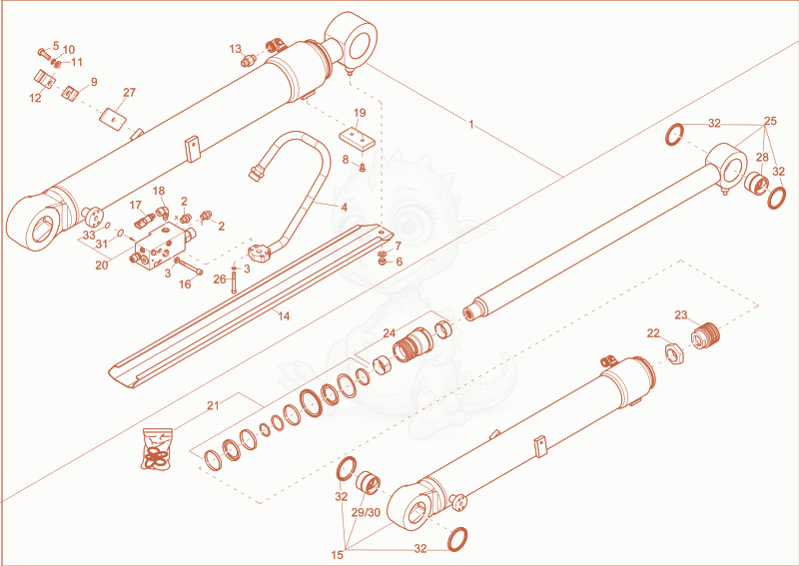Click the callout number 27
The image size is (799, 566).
[130, 93]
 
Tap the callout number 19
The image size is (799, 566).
[360, 113]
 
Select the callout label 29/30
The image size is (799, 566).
[366, 512]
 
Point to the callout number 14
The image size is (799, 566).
[284, 315]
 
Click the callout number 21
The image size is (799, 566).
[213, 406]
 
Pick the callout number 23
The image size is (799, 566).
[681, 315]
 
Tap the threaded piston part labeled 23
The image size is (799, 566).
[706, 335]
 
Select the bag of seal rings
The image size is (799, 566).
[158, 449]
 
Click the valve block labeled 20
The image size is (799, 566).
[159, 246]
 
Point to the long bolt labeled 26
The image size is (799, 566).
[234, 280]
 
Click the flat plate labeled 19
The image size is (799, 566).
[358, 138]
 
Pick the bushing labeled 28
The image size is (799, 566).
[756, 182]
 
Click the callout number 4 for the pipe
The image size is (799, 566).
[345, 208]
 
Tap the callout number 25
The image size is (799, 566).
[770, 121]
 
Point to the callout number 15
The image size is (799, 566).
[338, 555]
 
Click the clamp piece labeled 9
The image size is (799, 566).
[72, 93]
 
